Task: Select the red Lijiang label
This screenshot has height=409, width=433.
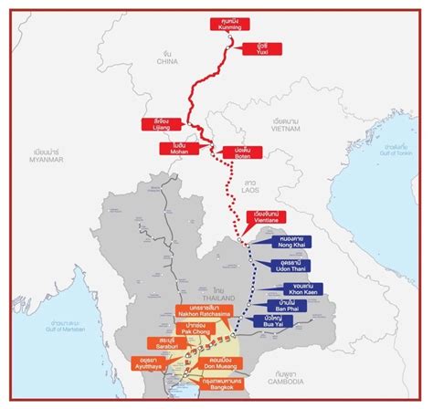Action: [x=156, y=124]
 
